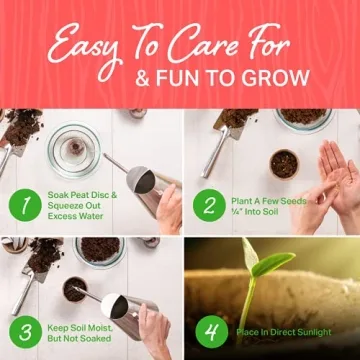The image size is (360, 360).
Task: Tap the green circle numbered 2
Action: tap(210, 204)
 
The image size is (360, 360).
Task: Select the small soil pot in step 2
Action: tap(286, 163)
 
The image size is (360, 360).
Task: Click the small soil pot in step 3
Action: tap(74, 288)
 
